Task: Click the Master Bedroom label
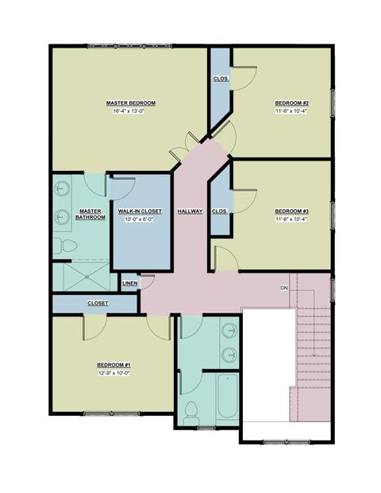(x=130, y=103)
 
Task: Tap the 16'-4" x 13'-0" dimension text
(x=130, y=111)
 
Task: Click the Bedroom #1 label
(x=114, y=365)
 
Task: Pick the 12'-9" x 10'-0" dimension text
(x=114, y=373)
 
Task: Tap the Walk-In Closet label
(x=140, y=212)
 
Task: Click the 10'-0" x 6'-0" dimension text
(x=139, y=219)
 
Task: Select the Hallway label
(x=190, y=212)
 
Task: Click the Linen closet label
(x=129, y=283)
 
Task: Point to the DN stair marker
(x=283, y=288)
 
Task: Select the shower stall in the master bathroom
(x=85, y=277)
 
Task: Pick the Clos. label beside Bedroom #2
(x=221, y=79)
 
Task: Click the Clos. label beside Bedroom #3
(x=219, y=212)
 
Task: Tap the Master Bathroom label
(x=90, y=214)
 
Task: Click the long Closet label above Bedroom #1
(x=98, y=303)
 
